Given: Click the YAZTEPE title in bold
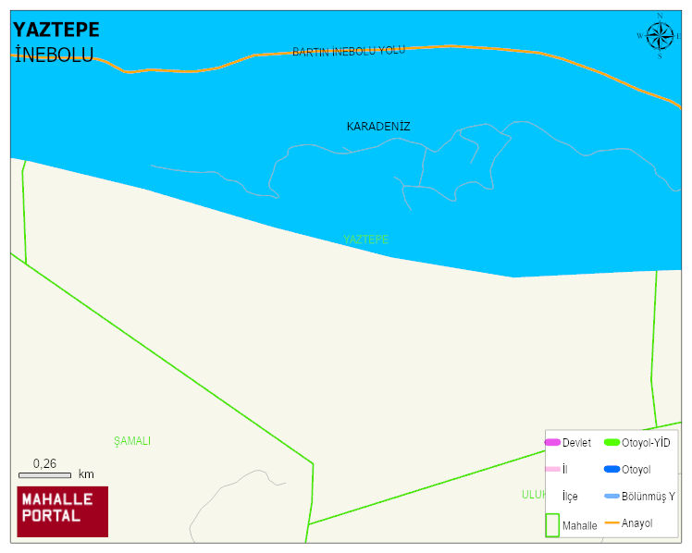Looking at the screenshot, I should pyautogui.click(x=56, y=30).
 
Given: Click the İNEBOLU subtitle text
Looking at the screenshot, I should pyautogui.click(x=54, y=55).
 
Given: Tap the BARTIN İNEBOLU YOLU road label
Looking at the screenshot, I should pyautogui.click(x=349, y=51).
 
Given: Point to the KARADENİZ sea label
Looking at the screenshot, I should pyautogui.click(x=378, y=126).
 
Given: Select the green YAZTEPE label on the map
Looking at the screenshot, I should pyautogui.click(x=365, y=240).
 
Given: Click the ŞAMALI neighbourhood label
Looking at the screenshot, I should pyautogui.click(x=132, y=441).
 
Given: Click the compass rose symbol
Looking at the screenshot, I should pyautogui.click(x=660, y=36).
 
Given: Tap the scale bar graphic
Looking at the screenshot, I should pyautogui.click(x=44, y=475).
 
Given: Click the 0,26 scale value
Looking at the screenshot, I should pyautogui.click(x=44, y=463).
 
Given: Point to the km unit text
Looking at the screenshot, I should pyautogui.click(x=86, y=474).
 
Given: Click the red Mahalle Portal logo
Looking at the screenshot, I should pyautogui.click(x=63, y=511).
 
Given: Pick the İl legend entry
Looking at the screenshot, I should pyautogui.click(x=565, y=470).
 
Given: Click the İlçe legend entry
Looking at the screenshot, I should pyautogui.click(x=570, y=497).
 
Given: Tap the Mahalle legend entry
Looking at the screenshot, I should pyautogui.click(x=579, y=525).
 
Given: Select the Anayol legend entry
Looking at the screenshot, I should pyautogui.click(x=636, y=523).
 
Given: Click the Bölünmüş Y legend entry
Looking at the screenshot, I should pyautogui.click(x=648, y=497).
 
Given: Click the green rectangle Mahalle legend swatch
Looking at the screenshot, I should pyautogui.click(x=551, y=525).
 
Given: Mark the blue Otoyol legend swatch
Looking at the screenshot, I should pyautogui.click(x=612, y=470).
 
